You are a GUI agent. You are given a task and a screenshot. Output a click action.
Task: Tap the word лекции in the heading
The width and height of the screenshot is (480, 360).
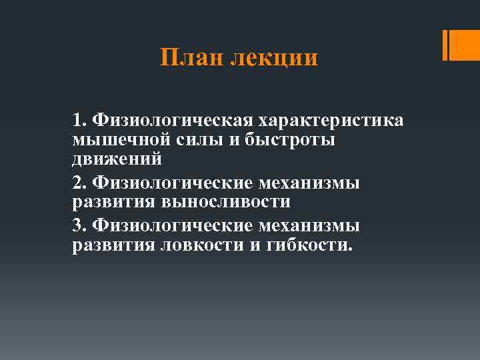(x=274, y=59)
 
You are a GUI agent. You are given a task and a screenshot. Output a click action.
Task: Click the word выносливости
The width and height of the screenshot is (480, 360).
(x=226, y=202)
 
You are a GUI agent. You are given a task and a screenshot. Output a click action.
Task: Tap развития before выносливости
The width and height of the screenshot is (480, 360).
(x=113, y=202)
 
